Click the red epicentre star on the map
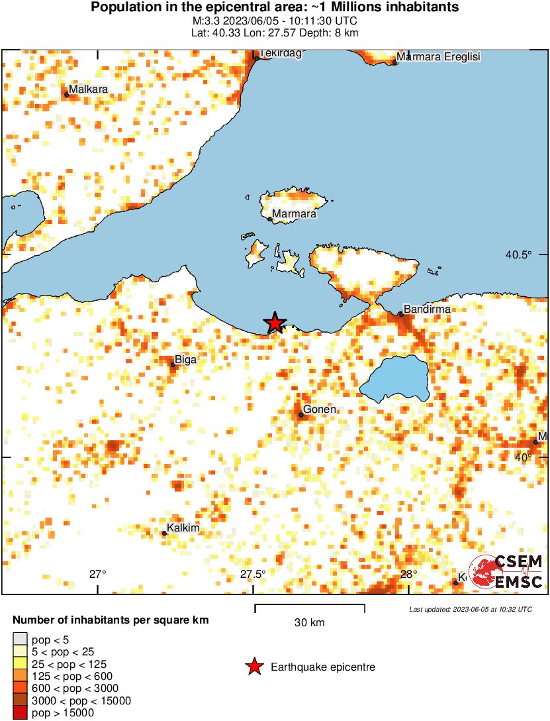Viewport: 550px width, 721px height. [275, 323]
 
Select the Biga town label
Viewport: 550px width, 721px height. [186, 359]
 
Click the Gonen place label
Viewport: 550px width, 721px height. [320, 410]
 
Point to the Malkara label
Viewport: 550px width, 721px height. [88, 89]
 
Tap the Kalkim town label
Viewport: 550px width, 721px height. [184, 528]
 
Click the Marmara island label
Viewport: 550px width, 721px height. [295, 214]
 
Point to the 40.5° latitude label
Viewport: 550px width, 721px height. [519, 254]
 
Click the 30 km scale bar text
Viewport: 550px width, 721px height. [309, 623]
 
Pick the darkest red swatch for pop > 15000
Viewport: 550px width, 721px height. [20, 713]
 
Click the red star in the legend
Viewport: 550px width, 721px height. [254, 667]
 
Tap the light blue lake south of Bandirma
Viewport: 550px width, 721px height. [396, 380]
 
